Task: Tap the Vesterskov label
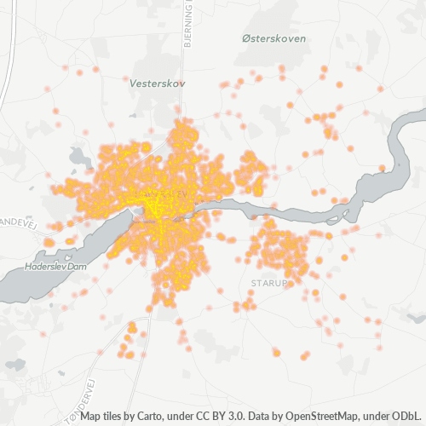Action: tap(158, 83)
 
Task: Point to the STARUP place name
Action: tap(271, 280)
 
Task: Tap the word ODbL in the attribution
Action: tap(406, 416)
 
